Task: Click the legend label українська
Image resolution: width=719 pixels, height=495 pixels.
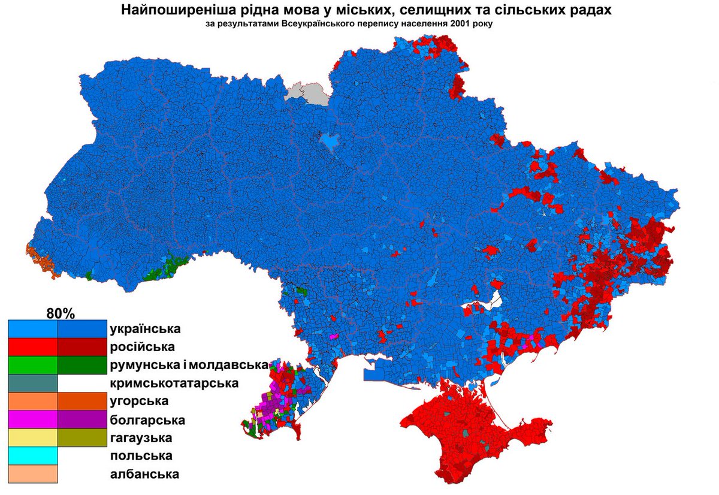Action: coord(146,329)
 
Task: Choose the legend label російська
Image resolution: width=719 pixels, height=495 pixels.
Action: coord(141,347)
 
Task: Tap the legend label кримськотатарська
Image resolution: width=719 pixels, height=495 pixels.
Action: coord(174,383)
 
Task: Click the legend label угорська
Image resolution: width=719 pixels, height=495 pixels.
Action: coord(139,401)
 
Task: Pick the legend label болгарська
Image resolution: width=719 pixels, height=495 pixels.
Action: coord(147,419)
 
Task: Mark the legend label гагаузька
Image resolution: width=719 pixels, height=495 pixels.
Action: coord(141,437)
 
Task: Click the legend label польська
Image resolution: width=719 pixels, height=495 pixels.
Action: coord(141,455)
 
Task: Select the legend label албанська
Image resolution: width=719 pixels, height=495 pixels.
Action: coord(144,474)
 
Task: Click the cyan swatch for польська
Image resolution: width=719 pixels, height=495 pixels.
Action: coord(33,456)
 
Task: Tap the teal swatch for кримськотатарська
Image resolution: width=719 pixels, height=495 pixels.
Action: coord(33,384)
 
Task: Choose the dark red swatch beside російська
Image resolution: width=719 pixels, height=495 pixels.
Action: coord(82,348)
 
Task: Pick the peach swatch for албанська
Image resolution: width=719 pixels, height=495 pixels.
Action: coord(33,474)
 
